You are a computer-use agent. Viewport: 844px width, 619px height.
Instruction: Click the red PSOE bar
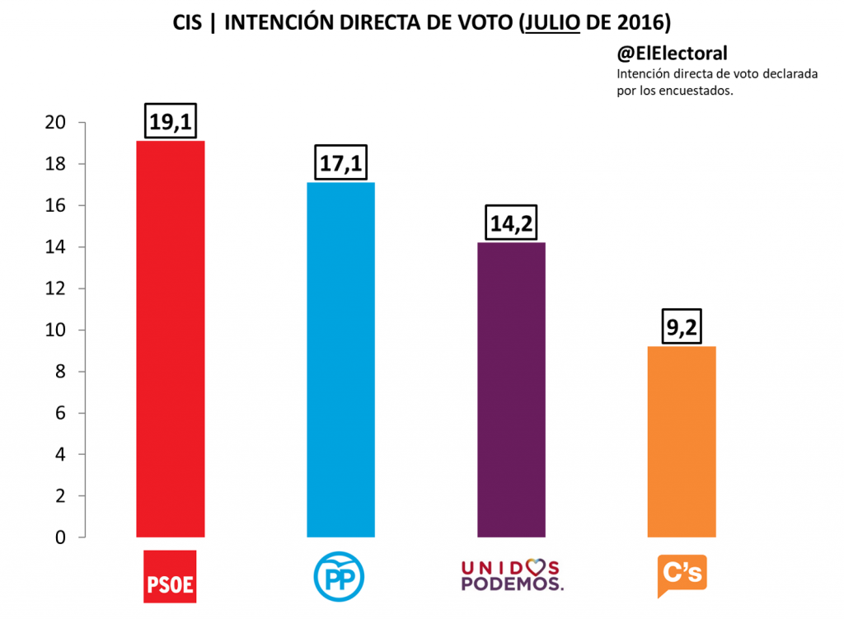[x=170, y=339]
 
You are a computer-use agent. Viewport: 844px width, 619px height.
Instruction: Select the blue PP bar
[x=340, y=359]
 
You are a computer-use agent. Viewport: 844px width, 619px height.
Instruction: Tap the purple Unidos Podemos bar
[x=511, y=390]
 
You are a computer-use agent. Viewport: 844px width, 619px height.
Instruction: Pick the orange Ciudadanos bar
[x=682, y=442]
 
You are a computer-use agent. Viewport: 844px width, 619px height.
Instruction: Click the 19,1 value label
[x=170, y=122]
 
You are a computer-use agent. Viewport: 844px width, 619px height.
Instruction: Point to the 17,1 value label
[x=340, y=163]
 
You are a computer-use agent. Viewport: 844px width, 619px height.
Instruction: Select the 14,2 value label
[x=511, y=223]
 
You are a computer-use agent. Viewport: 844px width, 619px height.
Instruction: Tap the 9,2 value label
[x=682, y=327]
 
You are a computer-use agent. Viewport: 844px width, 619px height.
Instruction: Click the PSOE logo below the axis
[x=170, y=576]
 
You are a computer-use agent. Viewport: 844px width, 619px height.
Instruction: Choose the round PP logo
[x=339, y=574]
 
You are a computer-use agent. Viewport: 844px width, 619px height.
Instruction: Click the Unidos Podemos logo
[x=511, y=575]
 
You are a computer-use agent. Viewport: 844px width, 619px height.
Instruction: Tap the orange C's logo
[x=682, y=575]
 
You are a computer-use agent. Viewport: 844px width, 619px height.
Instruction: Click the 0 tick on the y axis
[x=59, y=537]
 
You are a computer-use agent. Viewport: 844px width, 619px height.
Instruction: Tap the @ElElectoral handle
[x=672, y=54]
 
